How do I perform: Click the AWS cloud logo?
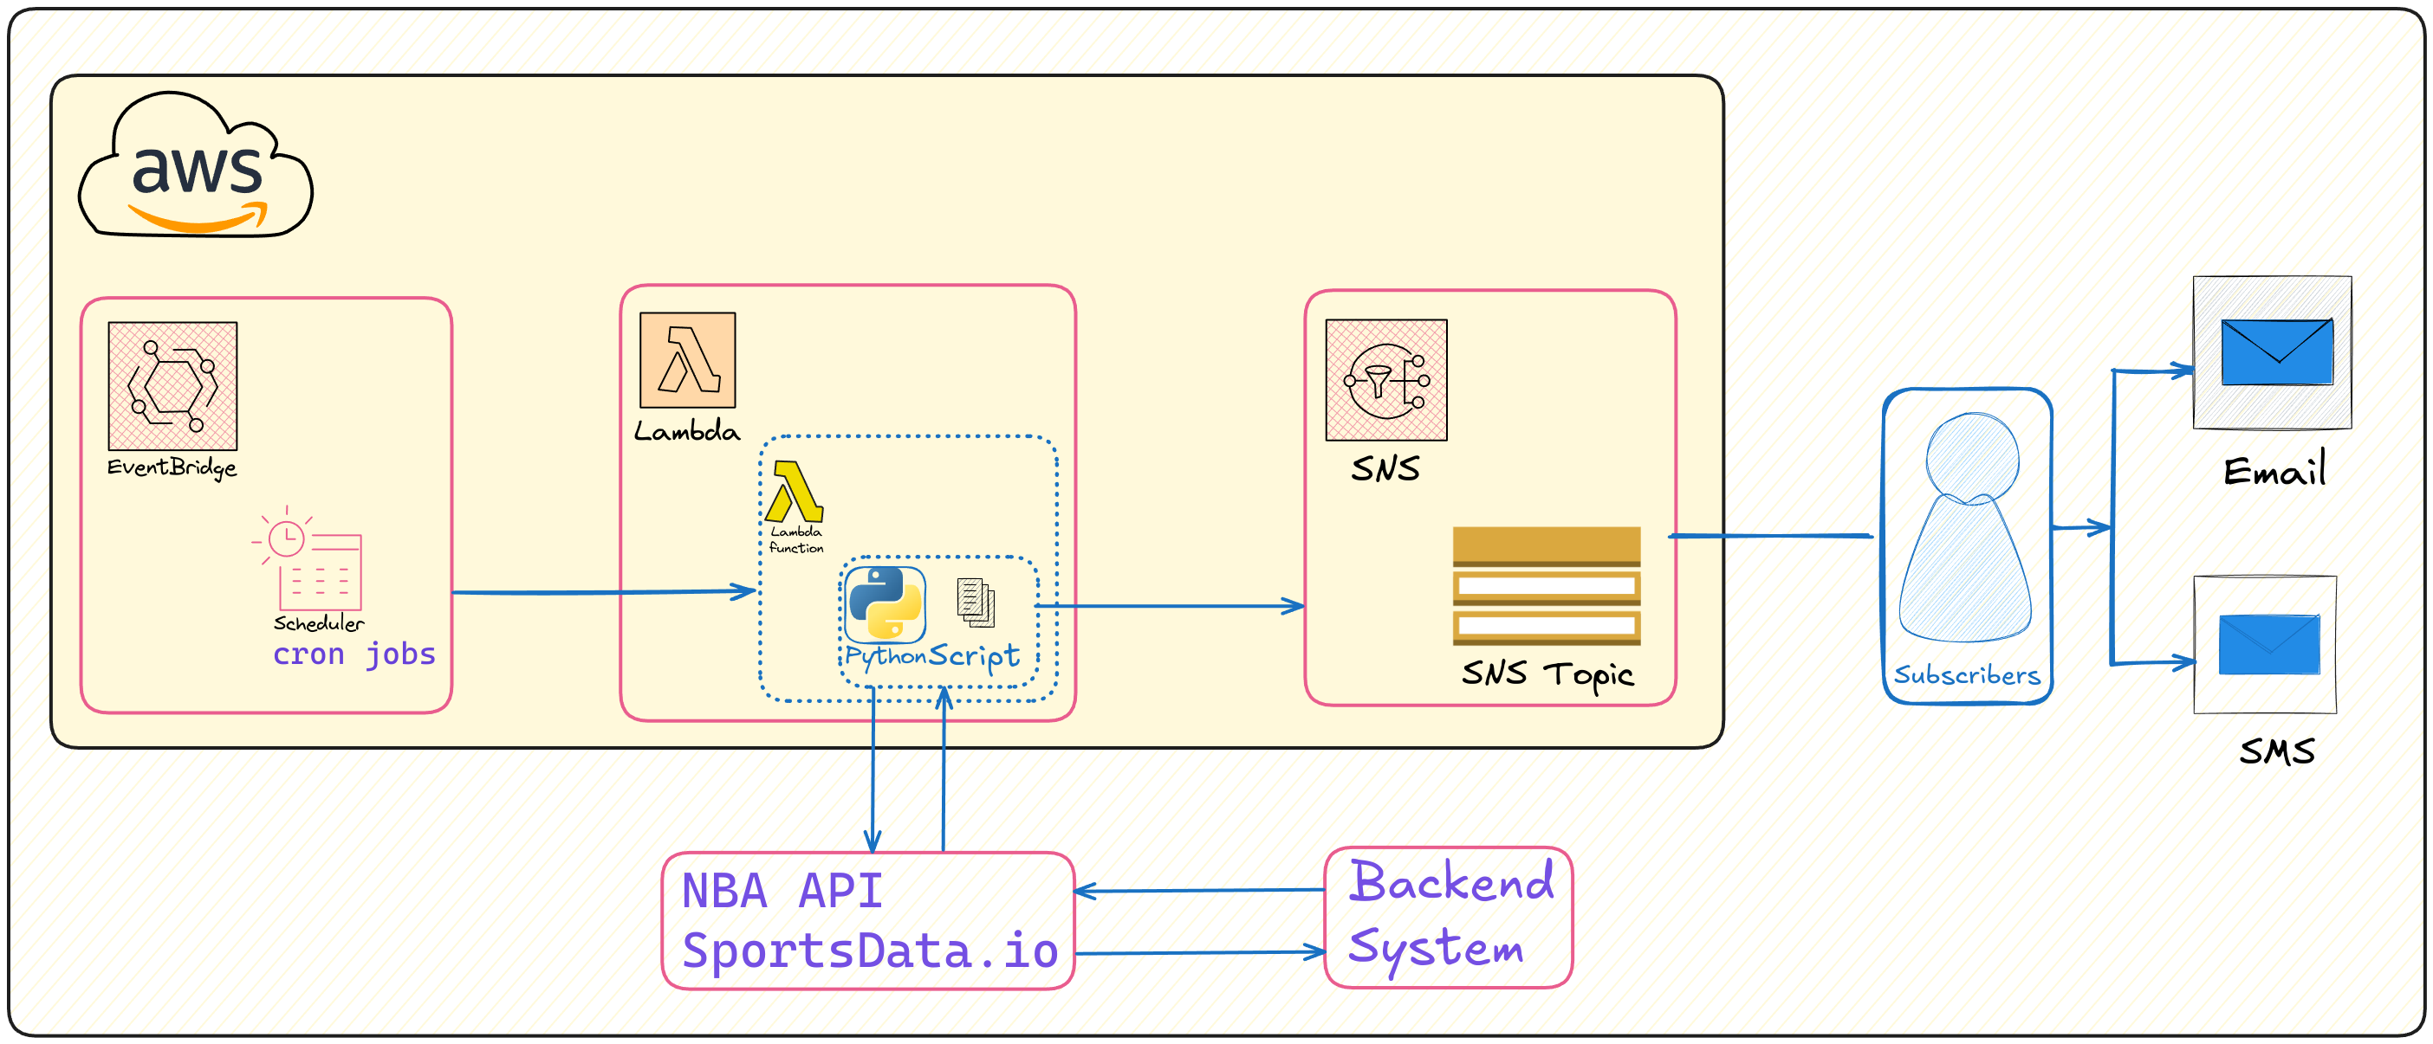[x=197, y=166]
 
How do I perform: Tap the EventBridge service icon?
[x=172, y=386]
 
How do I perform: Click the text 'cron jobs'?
[x=354, y=654]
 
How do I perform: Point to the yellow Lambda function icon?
[x=795, y=492]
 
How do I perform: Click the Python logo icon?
[x=885, y=604]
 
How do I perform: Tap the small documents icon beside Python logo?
[x=976, y=603]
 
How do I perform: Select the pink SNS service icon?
[x=1385, y=380]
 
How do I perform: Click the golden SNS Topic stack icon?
[x=1546, y=586]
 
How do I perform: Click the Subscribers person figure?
[x=1969, y=529]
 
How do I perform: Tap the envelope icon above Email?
[x=2276, y=352]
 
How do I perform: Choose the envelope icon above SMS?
[x=2268, y=645]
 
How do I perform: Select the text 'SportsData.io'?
[x=870, y=951]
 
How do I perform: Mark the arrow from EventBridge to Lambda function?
[x=605, y=592]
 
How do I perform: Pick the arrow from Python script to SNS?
[x=1171, y=606]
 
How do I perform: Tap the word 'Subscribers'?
[x=1967, y=676]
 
